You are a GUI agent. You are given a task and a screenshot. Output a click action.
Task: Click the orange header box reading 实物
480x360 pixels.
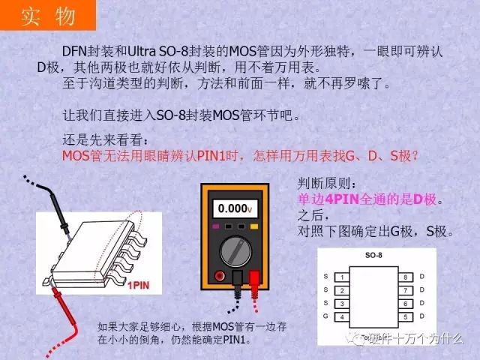pos(48,15)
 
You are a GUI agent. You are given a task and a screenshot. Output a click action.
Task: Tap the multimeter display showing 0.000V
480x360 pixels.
pos(235,208)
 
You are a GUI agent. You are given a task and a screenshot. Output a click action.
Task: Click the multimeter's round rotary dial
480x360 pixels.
pos(235,251)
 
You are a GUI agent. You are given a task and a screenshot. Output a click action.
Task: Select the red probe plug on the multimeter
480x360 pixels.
pos(255,278)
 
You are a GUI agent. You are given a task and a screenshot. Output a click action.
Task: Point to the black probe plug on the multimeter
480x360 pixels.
pos(237,278)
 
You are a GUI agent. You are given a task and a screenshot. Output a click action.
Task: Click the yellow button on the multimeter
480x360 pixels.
pos(254,226)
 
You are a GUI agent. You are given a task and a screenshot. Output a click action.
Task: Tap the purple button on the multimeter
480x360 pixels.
pos(216,226)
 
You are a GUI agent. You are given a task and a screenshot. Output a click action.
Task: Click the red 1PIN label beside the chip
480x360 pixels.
pos(138,286)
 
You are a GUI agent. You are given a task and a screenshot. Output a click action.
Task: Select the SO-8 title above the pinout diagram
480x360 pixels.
pos(373,255)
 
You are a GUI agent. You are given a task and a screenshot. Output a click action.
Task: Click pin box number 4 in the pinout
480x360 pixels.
pos(342,316)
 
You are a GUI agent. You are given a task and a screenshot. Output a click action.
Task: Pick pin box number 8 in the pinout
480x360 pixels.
pos(406,277)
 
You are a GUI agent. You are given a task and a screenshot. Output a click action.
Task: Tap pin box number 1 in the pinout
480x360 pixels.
pos(342,277)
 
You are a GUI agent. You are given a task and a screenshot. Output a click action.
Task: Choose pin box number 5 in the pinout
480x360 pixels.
pos(406,316)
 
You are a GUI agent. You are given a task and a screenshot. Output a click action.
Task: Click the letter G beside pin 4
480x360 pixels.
pos(325,316)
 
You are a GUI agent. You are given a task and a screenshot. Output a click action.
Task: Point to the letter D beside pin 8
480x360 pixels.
pos(421,277)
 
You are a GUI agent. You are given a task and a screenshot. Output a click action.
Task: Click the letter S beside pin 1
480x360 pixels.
pos(325,277)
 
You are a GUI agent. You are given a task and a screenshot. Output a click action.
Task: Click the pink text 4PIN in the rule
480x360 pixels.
pos(342,199)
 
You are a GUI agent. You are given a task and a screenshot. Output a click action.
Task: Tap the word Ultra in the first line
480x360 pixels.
pos(142,51)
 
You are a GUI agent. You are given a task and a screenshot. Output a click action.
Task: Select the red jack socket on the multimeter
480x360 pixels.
pos(220,276)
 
